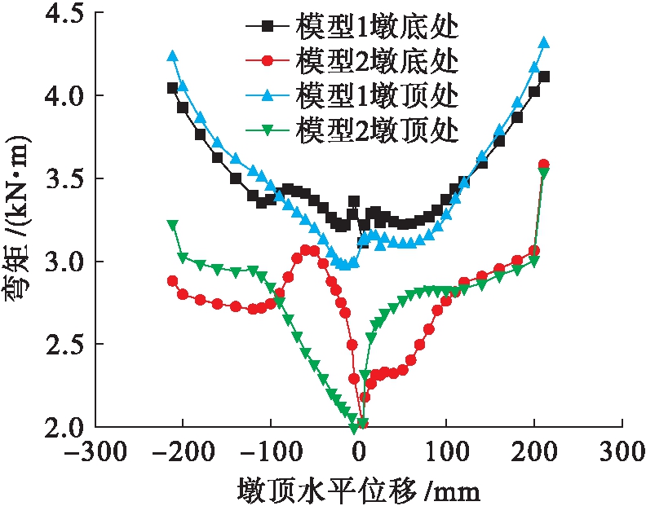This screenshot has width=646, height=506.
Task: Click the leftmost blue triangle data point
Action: tap(172, 56)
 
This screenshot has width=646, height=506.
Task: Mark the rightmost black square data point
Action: tap(544, 77)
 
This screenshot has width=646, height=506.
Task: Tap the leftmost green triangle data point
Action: tap(172, 224)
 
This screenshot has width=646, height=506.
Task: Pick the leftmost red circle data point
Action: tap(172, 280)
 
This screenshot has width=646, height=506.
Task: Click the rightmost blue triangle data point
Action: tap(544, 42)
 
